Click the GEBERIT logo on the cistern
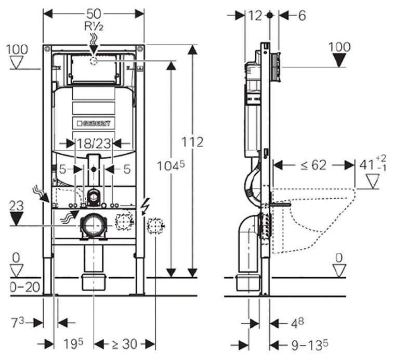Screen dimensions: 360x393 (94, 123)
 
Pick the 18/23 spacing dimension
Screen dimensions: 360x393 (93, 143)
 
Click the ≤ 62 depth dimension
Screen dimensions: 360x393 (313, 165)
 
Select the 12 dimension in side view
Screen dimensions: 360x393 (255, 16)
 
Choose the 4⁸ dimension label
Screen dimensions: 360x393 (294, 323)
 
